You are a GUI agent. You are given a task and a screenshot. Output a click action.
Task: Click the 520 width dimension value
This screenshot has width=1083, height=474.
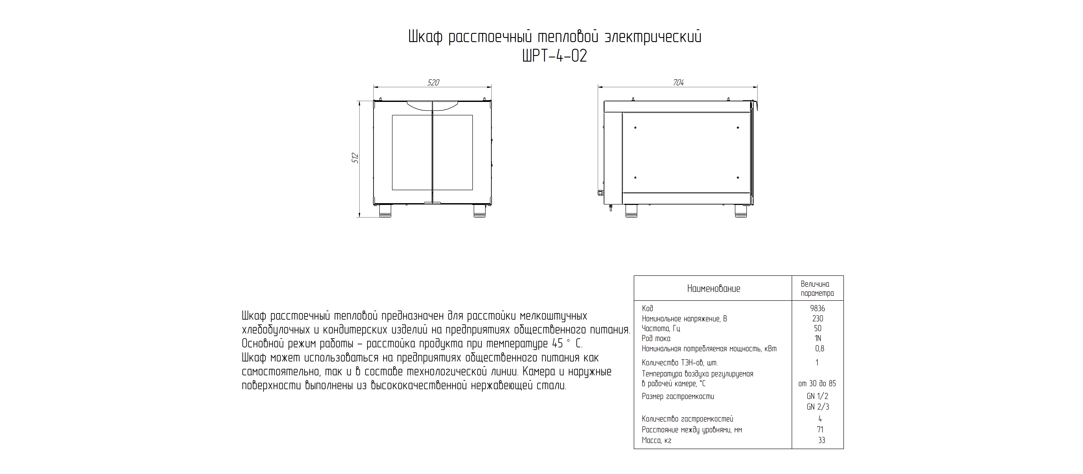(433, 83)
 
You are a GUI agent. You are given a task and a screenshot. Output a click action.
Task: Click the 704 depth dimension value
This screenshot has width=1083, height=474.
(678, 83)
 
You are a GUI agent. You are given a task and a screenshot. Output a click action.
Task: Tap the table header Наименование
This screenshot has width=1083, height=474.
(713, 288)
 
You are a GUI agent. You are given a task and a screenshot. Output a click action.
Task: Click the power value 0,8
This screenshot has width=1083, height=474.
(819, 348)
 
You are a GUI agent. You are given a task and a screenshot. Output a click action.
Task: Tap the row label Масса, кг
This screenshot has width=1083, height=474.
(656, 440)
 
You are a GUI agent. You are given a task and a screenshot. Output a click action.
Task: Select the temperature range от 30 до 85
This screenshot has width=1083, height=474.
(817, 384)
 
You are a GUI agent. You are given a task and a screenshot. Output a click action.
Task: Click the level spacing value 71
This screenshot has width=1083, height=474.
(820, 429)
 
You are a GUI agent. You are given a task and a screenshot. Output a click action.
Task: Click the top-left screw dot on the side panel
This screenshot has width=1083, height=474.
(635, 127)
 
